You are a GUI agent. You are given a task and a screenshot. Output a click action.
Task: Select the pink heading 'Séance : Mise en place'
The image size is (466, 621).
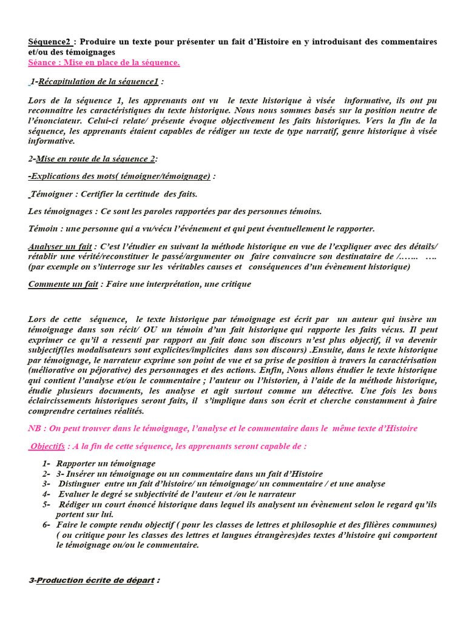104,62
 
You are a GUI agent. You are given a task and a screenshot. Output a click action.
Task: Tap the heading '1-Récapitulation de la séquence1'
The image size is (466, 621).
96,82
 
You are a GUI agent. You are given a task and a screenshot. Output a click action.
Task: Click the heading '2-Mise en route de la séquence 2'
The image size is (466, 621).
92,159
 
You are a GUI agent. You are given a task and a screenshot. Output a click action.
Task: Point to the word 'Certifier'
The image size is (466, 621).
95,194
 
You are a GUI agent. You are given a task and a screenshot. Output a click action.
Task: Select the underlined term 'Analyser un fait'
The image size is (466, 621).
60,246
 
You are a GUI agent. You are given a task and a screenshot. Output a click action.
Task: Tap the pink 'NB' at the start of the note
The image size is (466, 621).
35,428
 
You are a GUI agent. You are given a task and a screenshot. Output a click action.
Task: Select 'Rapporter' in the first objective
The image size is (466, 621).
76,464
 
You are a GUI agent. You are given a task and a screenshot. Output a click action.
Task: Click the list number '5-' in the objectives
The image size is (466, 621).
46,505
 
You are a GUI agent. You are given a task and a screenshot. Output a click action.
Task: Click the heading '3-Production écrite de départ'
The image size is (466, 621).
94,580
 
